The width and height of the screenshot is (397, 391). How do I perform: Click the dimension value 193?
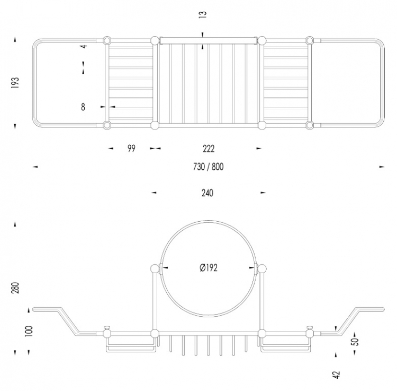[x=15, y=82]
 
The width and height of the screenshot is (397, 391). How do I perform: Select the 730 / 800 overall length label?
[x=209, y=167]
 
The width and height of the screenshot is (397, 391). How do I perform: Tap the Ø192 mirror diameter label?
[x=209, y=268]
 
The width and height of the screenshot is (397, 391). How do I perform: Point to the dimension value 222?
[x=209, y=149]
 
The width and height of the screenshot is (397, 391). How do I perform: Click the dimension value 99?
[x=131, y=149]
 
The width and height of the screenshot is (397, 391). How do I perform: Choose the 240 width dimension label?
[x=207, y=193]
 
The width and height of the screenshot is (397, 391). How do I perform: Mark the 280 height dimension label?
[x=15, y=288]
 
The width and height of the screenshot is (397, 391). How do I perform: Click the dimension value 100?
[x=29, y=331]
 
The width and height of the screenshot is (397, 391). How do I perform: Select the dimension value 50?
[x=356, y=342]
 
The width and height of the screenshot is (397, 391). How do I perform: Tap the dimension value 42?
[x=337, y=375]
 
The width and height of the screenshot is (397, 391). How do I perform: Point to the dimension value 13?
[x=203, y=14]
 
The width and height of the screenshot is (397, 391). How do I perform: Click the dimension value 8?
[x=83, y=107]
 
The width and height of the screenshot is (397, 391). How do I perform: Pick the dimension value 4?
[x=84, y=46]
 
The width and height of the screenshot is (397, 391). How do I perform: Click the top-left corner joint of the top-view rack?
[x=107, y=41]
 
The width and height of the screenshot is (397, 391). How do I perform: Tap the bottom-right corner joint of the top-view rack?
[x=310, y=125]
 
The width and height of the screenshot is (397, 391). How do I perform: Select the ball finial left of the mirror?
[x=155, y=268]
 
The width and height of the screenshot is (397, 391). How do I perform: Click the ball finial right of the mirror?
[x=262, y=268]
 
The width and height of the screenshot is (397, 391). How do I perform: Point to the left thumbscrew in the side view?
[x=107, y=328]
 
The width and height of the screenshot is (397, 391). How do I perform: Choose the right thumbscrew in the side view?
[x=310, y=328]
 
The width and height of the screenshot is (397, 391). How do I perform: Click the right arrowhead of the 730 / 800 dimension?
[x=382, y=167]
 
